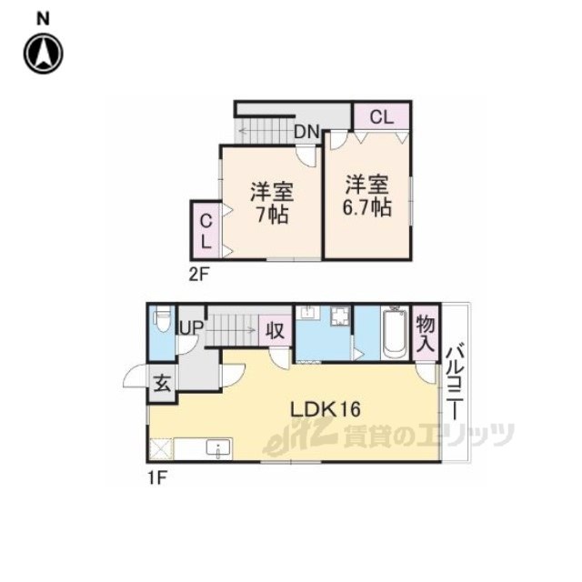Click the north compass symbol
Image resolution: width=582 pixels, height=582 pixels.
pyautogui.click(x=44, y=53)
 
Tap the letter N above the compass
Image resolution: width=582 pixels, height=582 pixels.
pyautogui.click(x=43, y=19)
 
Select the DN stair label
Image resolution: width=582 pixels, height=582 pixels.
pyautogui.click(x=307, y=131)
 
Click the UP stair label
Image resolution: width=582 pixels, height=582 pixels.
pyautogui.click(x=192, y=327)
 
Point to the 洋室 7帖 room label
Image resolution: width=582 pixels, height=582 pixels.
pyautogui.click(x=272, y=203)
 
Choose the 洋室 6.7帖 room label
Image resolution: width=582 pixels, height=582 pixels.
pyautogui.click(x=366, y=196)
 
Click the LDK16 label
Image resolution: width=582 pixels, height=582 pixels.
pyautogui.click(x=326, y=409)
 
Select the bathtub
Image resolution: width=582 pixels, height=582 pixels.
pyautogui.click(x=395, y=333)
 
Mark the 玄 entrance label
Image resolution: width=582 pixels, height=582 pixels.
pyautogui.click(x=162, y=384)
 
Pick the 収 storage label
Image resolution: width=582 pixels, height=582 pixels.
pyautogui.click(x=276, y=330)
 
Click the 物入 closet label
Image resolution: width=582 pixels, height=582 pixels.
pyautogui.click(x=426, y=334)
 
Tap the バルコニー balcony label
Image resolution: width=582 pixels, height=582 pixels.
pyautogui.click(x=455, y=383)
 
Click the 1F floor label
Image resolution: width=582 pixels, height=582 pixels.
pyautogui.click(x=157, y=478)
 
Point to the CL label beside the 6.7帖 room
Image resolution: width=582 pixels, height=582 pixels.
pyautogui.click(x=382, y=117)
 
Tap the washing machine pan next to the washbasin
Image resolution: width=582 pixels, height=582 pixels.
pyautogui.click(x=340, y=316)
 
